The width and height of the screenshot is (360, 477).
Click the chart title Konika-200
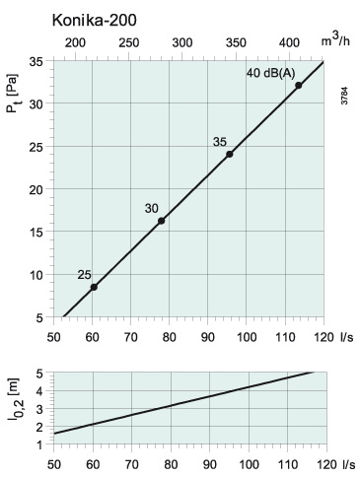(x=95, y=21)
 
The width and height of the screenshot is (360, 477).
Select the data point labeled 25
(x=94, y=287)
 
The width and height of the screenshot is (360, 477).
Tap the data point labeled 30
(x=161, y=221)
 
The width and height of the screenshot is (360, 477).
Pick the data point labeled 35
(x=230, y=154)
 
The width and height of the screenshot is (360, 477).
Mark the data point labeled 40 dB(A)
(x=299, y=86)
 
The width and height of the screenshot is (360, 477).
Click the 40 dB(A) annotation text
(x=271, y=73)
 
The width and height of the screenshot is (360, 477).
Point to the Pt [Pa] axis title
(x=13, y=94)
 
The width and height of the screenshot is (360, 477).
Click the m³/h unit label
(x=335, y=40)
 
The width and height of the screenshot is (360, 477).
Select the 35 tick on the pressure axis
(x=36, y=61)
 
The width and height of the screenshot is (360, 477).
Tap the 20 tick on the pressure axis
(x=36, y=190)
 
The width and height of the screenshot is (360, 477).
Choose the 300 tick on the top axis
(x=182, y=43)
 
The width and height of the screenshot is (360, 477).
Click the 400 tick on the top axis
(x=290, y=43)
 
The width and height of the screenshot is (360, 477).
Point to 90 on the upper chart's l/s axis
(x=207, y=337)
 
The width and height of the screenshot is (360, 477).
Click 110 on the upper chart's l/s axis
(x=285, y=337)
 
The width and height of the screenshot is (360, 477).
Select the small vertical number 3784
(x=344, y=96)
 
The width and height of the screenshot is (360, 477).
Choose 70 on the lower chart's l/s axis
(x=132, y=465)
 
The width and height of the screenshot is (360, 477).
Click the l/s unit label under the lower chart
(x=348, y=465)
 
